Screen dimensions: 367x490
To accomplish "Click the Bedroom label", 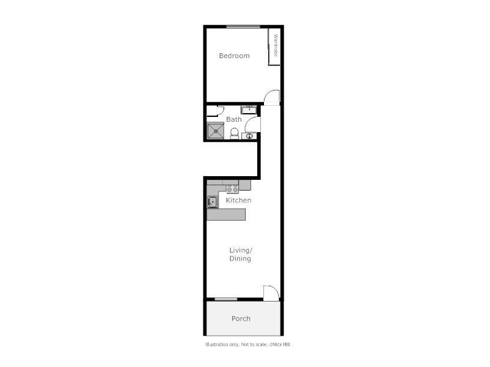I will pyautogui.click(x=235, y=56).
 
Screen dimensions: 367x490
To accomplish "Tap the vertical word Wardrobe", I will pyautogui.click(x=276, y=46).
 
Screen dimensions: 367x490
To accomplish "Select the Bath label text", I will pyautogui.click(x=233, y=119).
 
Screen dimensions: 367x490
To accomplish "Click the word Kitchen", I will pyautogui.click(x=238, y=200).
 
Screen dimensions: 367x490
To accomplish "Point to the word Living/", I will pyautogui.click(x=241, y=250).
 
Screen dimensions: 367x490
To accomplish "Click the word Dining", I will pyautogui.click(x=240, y=259).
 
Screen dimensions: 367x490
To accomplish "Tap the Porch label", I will pyautogui.click(x=241, y=319).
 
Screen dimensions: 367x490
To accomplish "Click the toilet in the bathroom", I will pyautogui.click(x=234, y=133).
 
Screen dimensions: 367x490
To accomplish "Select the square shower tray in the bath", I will pyautogui.click(x=215, y=131).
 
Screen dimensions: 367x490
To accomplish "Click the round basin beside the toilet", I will pyautogui.click(x=249, y=136).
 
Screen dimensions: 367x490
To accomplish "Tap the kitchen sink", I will pyautogui.click(x=213, y=202).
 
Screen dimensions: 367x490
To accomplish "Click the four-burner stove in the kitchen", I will pyautogui.click(x=232, y=188).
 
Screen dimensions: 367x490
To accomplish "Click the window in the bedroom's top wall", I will pyautogui.click(x=243, y=26).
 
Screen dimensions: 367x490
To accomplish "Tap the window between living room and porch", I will pyautogui.click(x=226, y=299).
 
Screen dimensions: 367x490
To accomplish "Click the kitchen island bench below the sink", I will pyautogui.click(x=227, y=214).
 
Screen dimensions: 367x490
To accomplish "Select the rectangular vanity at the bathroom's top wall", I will pyautogui.click(x=249, y=110).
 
